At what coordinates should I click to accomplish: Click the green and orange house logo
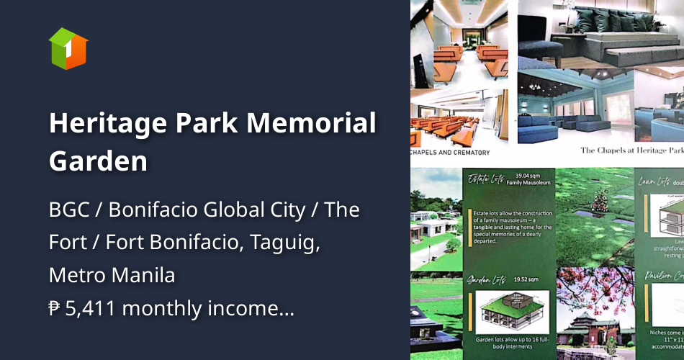[68, 48]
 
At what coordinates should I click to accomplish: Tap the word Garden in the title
[98, 161]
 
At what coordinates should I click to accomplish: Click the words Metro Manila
[112, 275]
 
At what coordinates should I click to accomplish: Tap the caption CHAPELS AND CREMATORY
[451, 153]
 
